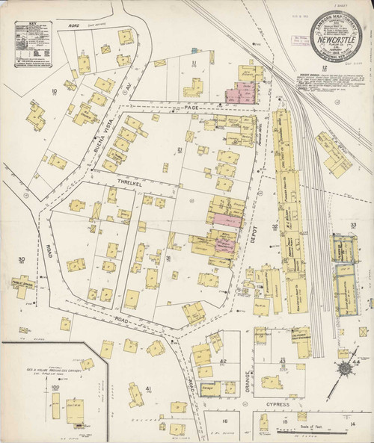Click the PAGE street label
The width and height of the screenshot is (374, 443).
pyautogui.click(x=192, y=109)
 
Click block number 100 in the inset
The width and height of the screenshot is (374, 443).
pyautogui.click(x=55, y=388)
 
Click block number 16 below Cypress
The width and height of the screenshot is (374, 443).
pyautogui.click(x=223, y=421)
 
